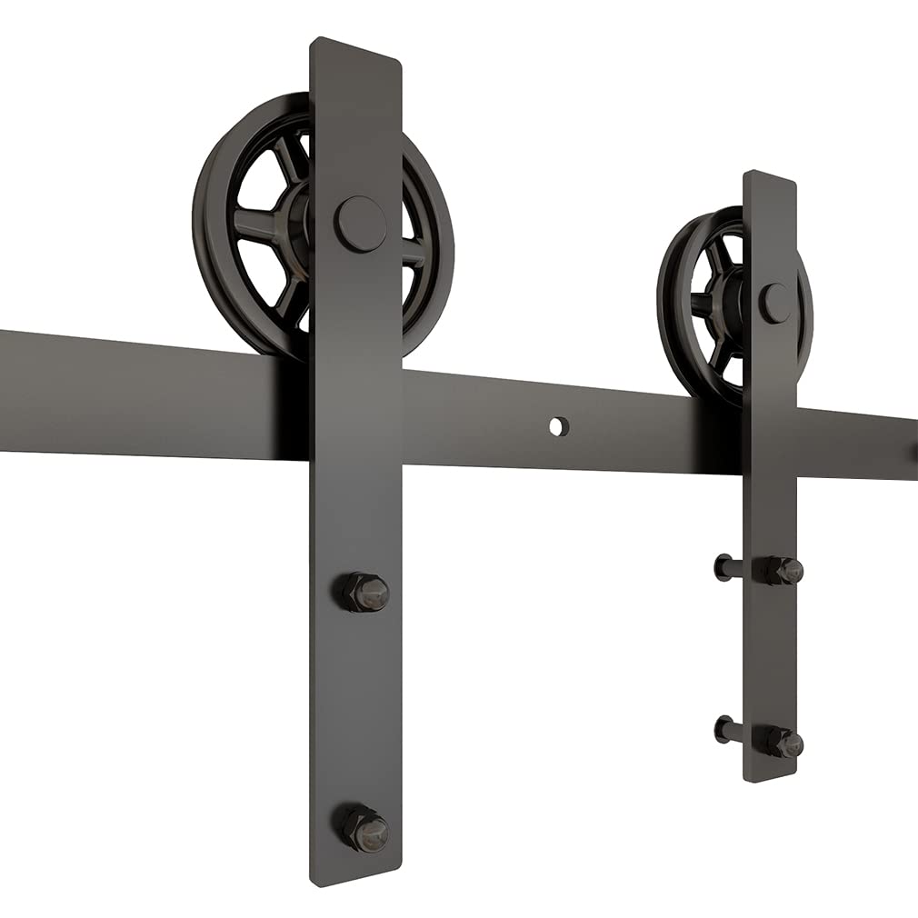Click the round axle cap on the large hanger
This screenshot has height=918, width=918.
coord(360,225)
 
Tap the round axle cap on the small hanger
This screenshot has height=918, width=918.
coord(774,304)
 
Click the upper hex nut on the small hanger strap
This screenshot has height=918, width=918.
coord(782,571)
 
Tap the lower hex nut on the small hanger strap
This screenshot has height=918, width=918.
coord(782,742)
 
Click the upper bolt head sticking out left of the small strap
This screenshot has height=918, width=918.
coord(723,567)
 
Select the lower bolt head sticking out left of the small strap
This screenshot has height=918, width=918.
coord(723,728)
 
